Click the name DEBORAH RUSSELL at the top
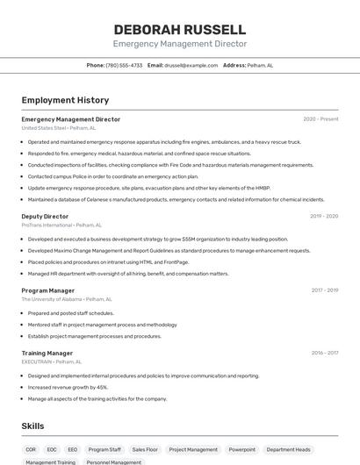179,29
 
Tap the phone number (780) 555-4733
124,65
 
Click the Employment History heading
65,100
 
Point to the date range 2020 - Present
320,119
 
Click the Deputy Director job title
45,216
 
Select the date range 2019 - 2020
323,216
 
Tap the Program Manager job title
48,290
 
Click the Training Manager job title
47,353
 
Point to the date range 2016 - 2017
324,353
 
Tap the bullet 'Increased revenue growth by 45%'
68,387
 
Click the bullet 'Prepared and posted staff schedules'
70,313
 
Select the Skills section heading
33,426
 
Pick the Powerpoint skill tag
242,449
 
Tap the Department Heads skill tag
288,449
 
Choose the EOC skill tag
52,449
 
